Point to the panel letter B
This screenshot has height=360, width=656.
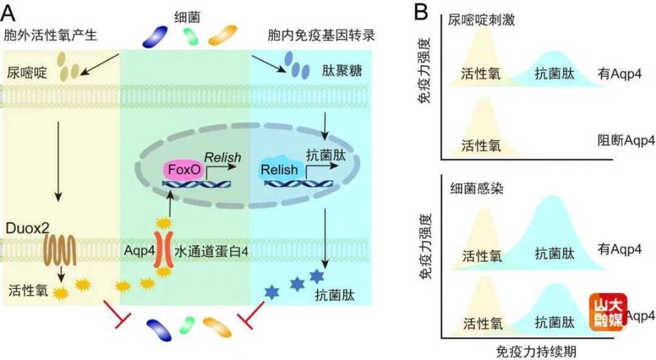pyautogui.click(x=422, y=11)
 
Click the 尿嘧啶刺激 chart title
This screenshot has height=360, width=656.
pyautogui.click(x=481, y=21)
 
